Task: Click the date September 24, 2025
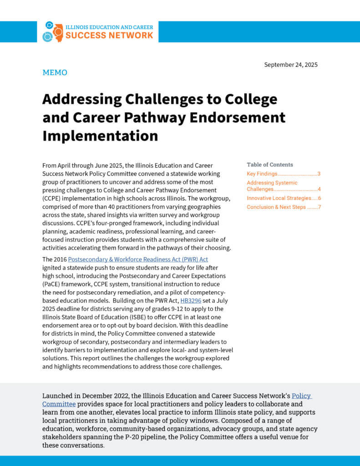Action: (291, 65)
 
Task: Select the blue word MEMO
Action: (55, 72)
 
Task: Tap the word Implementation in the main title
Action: (100, 136)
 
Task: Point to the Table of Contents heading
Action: (270, 165)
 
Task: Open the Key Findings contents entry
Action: (262, 174)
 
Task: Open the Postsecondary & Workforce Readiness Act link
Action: (138, 259)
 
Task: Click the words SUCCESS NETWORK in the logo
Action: (109, 35)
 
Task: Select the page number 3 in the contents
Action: (319, 174)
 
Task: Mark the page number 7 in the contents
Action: (320, 207)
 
